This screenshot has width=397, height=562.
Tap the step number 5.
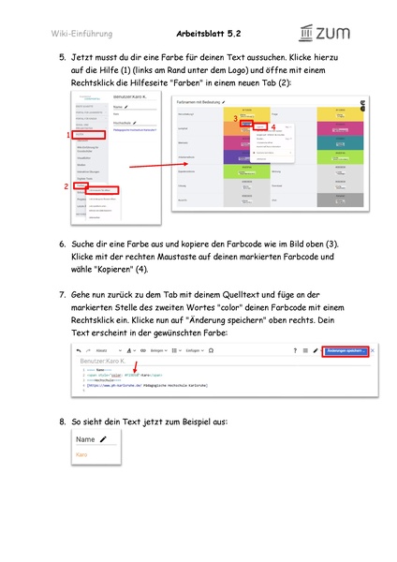point(62,57)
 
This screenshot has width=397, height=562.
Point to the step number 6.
point(62,244)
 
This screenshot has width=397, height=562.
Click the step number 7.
point(62,295)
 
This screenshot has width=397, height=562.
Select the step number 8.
point(62,421)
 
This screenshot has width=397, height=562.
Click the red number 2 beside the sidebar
point(67,186)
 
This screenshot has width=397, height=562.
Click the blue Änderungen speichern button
point(344,350)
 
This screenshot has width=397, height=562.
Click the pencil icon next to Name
point(103,439)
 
